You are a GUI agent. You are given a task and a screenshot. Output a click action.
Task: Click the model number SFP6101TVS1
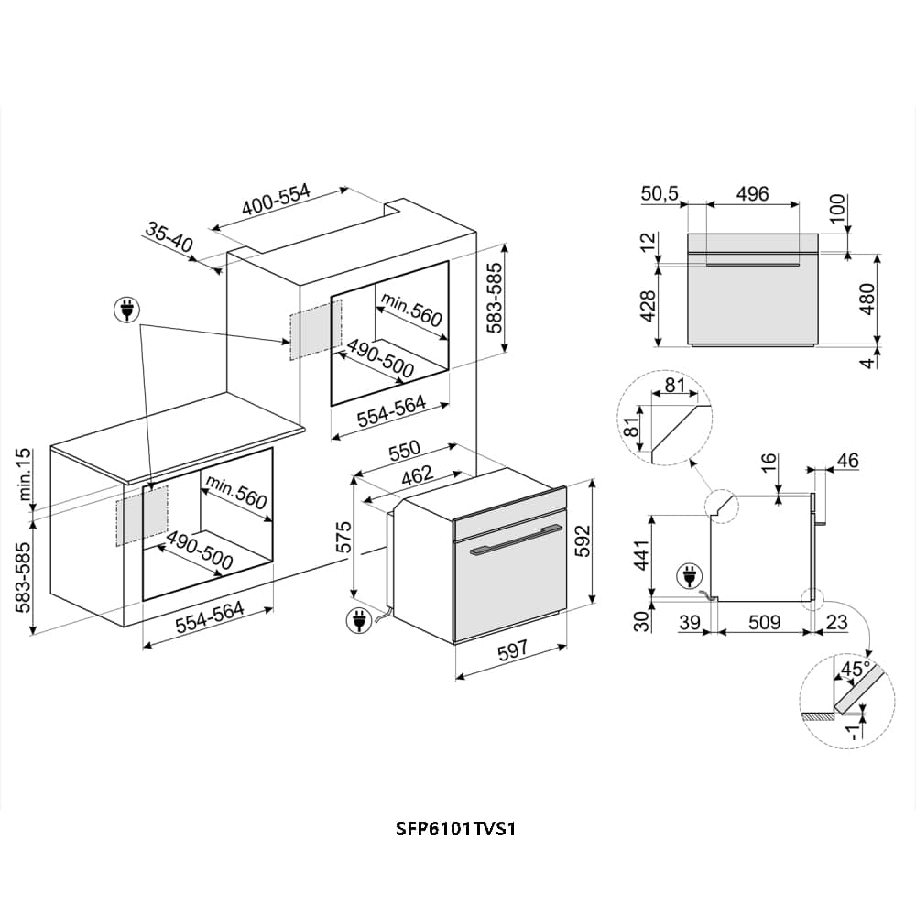[458, 828]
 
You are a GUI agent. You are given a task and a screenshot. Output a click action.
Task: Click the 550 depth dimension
[403, 451]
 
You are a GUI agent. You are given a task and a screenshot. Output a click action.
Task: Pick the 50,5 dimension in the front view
[660, 193]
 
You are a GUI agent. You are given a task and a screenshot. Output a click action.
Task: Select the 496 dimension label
[752, 193]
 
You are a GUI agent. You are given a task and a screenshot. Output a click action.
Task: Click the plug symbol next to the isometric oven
[358, 620]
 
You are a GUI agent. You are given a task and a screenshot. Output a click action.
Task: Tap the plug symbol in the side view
[686, 577]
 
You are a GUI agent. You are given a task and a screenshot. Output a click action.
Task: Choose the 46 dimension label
[847, 461]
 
